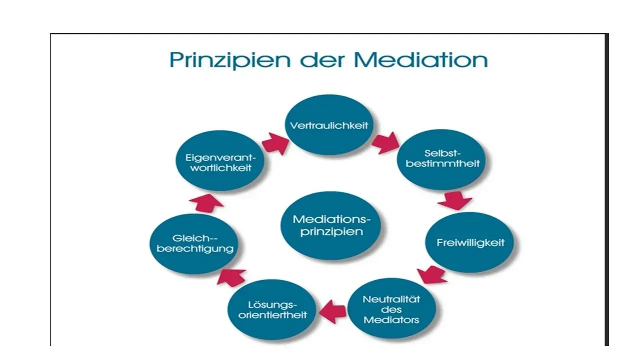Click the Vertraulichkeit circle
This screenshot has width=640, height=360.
pyautogui.click(x=329, y=125)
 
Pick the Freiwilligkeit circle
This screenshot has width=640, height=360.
pyautogui.click(x=470, y=243)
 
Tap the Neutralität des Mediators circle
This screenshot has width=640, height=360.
pyautogui.click(x=391, y=308)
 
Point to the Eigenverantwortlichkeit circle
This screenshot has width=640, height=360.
pyautogui.click(x=218, y=162)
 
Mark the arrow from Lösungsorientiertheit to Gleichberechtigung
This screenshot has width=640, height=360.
pyautogui.click(x=231, y=275)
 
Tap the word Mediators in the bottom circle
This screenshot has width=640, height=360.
pyautogui.click(x=391, y=319)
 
